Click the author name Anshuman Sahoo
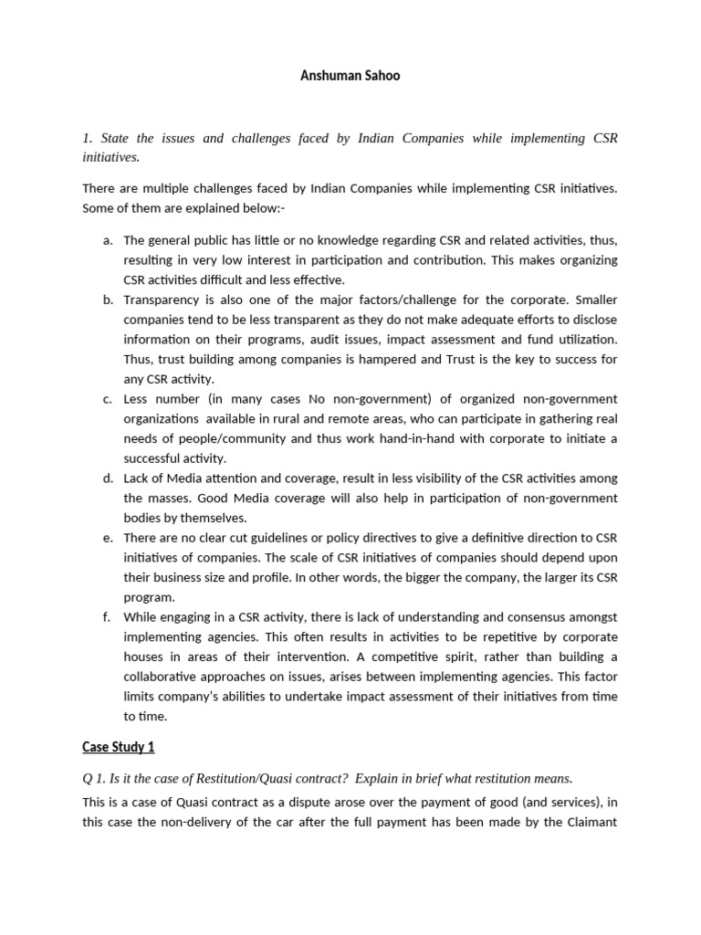click(x=350, y=76)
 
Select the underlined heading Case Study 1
click(x=118, y=747)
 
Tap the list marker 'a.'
click(x=108, y=240)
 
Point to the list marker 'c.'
click(x=108, y=399)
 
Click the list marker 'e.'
click(x=108, y=538)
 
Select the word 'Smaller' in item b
click(x=593, y=299)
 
